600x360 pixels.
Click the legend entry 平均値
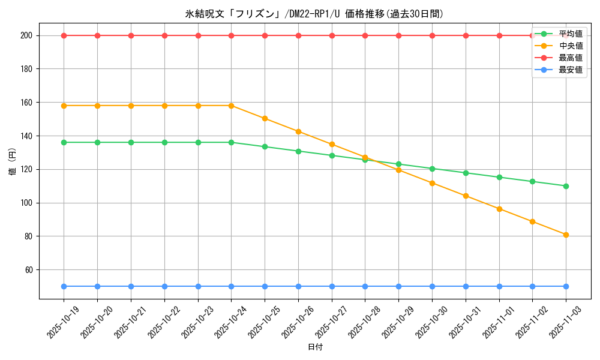pos(570,34)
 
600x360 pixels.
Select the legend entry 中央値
pos(570,46)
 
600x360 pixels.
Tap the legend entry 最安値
pos(570,70)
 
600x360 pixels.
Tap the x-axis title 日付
pos(314,347)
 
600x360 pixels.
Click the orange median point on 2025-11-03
pos(566,235)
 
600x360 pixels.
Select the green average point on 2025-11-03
pos(566,186)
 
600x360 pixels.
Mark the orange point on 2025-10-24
pos(231,106)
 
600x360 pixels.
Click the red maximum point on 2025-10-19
pos(64,35)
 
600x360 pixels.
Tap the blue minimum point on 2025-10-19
pos(64,286)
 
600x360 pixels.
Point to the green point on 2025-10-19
pos(64,142)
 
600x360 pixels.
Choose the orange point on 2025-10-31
pos(466,196)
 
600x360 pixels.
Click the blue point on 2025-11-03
pos(566,286)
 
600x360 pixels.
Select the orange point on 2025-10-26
pos(298,131)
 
